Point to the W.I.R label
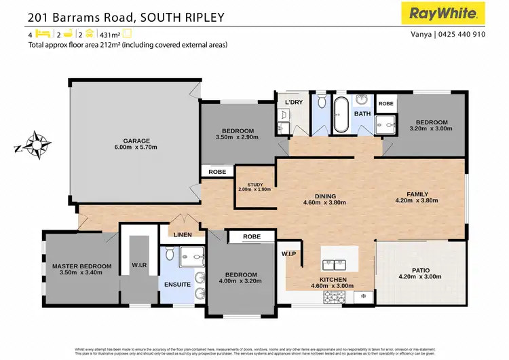tap(138, 265)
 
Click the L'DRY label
tap(294, 103)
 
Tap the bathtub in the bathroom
tap(340, 114)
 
